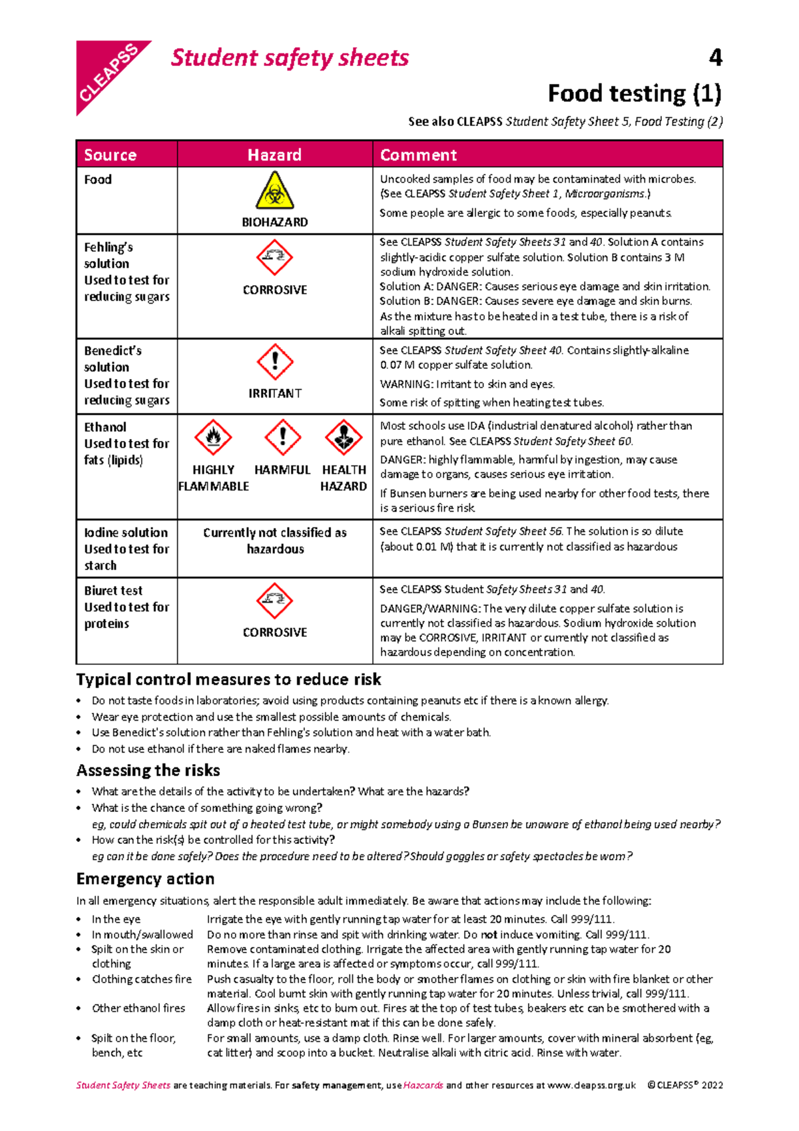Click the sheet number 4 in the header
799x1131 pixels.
(x=715, y=58)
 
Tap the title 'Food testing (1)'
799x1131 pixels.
(x=634, y=93)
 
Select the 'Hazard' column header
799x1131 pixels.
(x=274, y=155)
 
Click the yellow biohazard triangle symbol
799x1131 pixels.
(x=274, y=192)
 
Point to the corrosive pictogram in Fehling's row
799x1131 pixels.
(x=274, y=258)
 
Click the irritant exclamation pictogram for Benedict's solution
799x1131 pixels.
(x=274, y=362)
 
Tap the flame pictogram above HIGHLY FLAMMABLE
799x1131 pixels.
(x=213, y=438)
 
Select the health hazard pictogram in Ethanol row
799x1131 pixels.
(x=344, y=438)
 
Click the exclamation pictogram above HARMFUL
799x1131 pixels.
(x=282, y=438)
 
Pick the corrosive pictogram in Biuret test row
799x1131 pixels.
(x=274, y=600)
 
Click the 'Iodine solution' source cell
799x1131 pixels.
(x=126, y=533)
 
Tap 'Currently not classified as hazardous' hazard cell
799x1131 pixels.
(x=274, y=541)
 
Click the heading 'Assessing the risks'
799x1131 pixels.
(x=148, y=771)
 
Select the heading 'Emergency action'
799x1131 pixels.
(x=145, y=879)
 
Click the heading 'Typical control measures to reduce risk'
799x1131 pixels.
(x=228, y=680)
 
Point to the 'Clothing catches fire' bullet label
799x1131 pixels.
(x=141, y=979)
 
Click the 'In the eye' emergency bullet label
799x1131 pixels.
(x=116, y=919)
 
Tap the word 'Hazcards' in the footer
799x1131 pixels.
(x=423, y=1085)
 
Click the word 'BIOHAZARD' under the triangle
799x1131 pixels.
(x=274, y=222)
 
